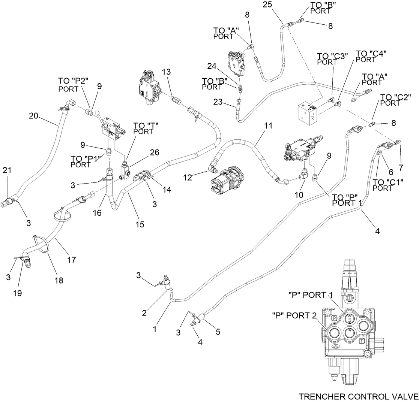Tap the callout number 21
pos(7,170)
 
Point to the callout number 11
pos(267,126)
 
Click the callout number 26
pos(144,152)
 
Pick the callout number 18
pos(59,280)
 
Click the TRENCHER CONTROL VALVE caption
pos(358,396)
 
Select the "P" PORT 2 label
pos(295,315)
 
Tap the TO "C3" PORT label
pos(332,59)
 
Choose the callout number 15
pos(140,224)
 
